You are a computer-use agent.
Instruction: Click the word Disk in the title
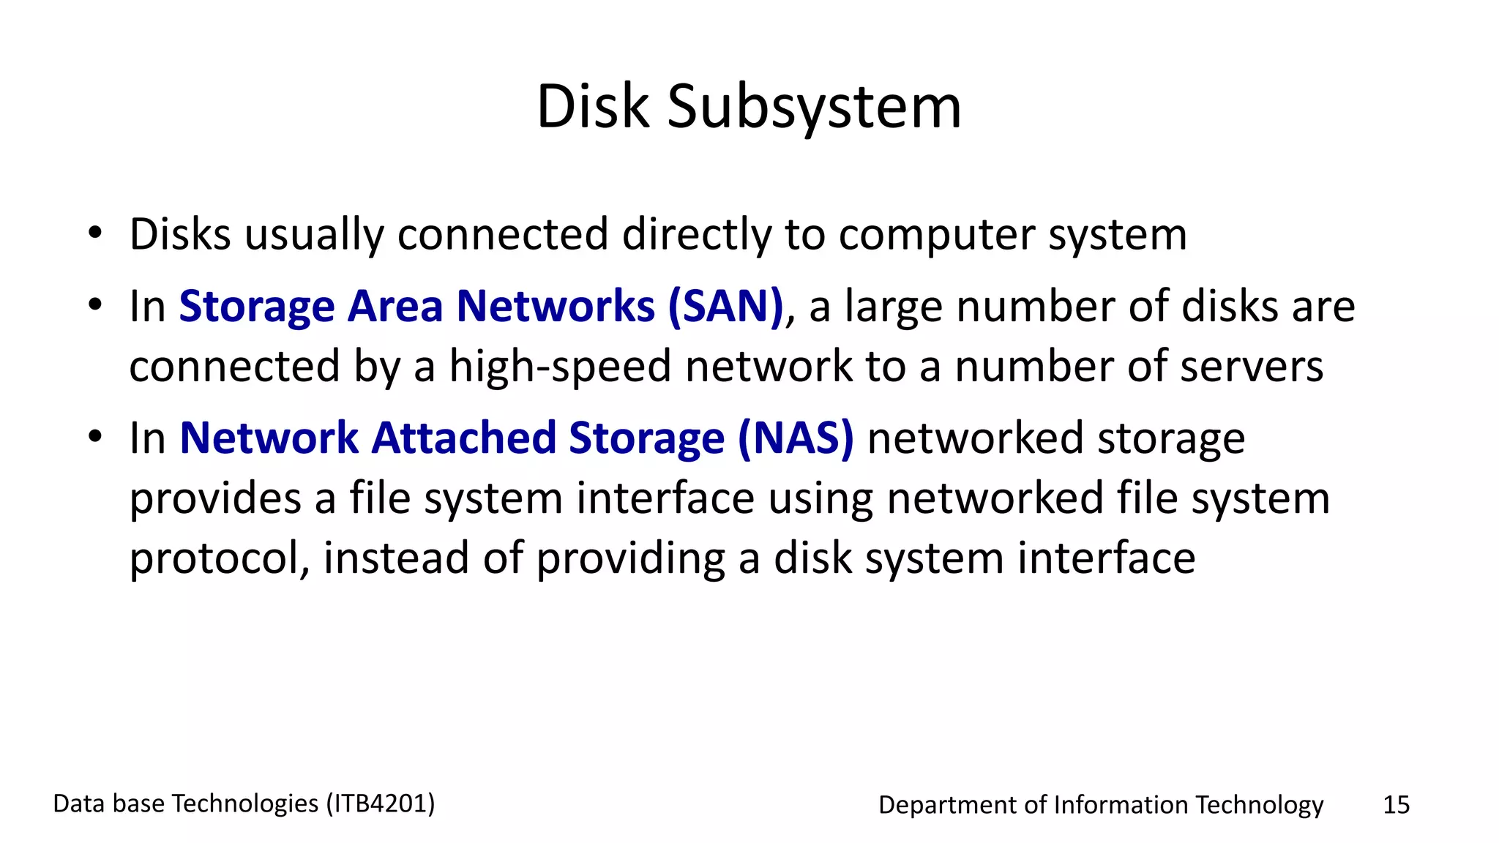(593, 107)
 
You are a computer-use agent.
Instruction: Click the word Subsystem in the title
(814, 107)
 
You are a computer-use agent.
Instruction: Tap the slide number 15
(1396, 805)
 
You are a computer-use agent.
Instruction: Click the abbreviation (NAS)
(796, 438)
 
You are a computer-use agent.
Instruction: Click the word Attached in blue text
(463, 438)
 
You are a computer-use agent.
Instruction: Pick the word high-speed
(560, 366)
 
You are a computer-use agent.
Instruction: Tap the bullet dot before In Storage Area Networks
(95, 305)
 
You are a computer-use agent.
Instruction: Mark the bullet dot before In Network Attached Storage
(95, 438)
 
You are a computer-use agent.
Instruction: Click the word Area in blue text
(395, 306)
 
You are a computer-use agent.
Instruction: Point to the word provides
(215, 498)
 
